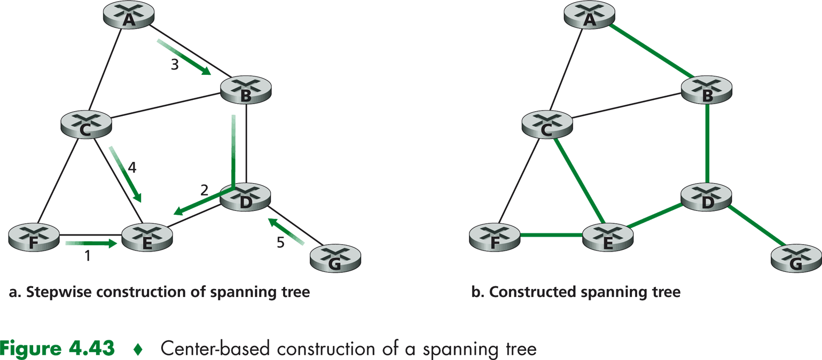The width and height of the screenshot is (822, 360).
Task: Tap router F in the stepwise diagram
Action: (x=34, y=238)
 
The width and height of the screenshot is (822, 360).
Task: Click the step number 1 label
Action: (x=88, y=256)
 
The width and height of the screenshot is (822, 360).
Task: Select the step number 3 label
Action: (x=174, y=65)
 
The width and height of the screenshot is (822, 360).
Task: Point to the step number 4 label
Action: (x=132, y=167)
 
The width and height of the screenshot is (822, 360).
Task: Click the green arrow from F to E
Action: (x=91, y=244)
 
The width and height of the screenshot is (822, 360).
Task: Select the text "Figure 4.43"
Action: (x=57, y=348)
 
